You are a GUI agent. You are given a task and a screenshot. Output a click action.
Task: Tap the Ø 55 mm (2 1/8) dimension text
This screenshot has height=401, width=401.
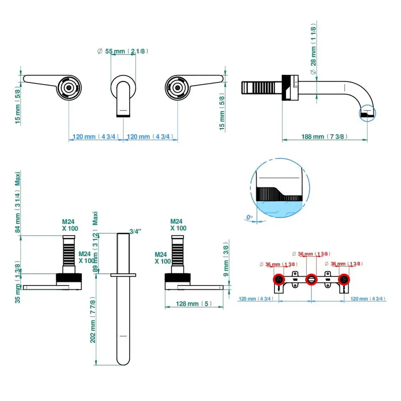pos(123,51)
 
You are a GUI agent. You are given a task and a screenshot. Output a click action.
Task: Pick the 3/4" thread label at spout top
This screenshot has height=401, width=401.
pos(135,231)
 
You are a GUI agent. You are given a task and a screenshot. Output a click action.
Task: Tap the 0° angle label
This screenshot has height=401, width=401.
pos(249,217)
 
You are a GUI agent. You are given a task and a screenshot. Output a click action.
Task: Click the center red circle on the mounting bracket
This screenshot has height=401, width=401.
pos(311,279)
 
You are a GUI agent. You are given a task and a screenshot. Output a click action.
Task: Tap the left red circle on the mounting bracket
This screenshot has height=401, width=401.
pos(278,280)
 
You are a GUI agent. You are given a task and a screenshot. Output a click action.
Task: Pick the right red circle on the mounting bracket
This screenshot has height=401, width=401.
pos(344,280)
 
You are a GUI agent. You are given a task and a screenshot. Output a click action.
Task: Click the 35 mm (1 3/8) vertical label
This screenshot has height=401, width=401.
pos(18,283)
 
